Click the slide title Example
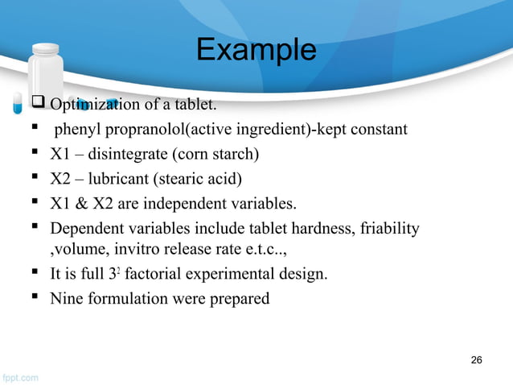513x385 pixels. (x=256, y=50)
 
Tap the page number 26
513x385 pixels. (x=476, y=359)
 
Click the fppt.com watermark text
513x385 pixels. (x=19, y=376)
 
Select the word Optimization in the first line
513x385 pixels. (x=91, y=105)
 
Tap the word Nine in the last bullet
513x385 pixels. (x=65, y=298)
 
